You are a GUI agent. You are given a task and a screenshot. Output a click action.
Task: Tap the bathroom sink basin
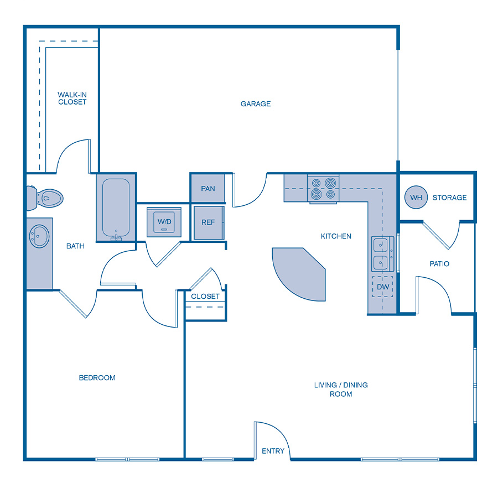tap(39, 237)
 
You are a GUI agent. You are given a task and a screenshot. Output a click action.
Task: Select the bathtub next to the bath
tap(116, 207)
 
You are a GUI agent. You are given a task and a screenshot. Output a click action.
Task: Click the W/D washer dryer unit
tap(164, 222)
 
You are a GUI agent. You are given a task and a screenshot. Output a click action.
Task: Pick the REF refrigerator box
tap(208, 222)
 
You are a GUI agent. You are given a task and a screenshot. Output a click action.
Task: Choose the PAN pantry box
tap(208, 189)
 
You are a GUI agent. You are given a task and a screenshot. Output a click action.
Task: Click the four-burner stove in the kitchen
tap(323, 188)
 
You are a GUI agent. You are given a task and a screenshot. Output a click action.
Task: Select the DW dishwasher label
tap(383, 287)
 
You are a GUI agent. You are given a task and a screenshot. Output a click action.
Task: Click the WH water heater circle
tap(416, 198)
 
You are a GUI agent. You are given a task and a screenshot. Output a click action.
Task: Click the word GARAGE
tap(256, 104)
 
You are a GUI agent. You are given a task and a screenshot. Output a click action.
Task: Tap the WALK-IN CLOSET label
tap(72, 98)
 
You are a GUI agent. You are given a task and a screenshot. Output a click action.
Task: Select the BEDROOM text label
tap(97, 378)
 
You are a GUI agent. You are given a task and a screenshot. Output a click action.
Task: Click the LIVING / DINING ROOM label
tap(341, 390)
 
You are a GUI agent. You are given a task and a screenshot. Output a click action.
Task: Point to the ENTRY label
tap(273, 452)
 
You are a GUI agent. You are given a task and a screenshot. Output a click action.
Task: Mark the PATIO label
tap(439, 264)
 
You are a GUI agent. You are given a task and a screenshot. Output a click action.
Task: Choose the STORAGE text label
tap(449, 198)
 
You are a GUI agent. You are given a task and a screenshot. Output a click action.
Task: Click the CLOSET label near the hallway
tap(205, 297)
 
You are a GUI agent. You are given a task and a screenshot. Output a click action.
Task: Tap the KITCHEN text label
tap(336, 236)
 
